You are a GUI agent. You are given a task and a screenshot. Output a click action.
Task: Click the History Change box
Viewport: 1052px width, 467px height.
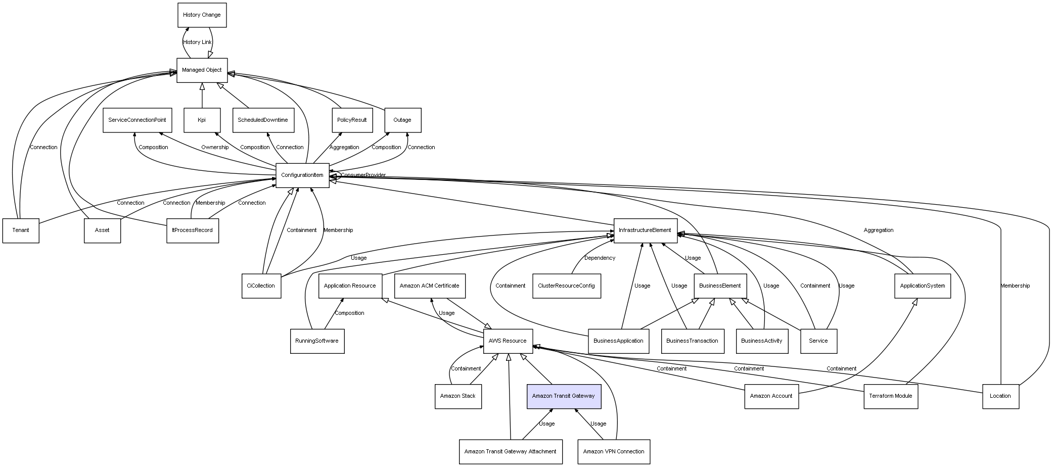click(x=202, y=15)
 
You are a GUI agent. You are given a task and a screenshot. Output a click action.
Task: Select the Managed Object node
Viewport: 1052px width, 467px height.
click(x=202, y=70)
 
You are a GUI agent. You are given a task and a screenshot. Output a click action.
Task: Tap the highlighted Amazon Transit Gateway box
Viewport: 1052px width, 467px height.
click(x=564, y=396)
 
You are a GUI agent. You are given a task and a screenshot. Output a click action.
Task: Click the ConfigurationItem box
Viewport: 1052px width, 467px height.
click(x=302, y=175)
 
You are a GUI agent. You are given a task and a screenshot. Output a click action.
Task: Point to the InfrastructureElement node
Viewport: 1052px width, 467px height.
click(x=645, y=230)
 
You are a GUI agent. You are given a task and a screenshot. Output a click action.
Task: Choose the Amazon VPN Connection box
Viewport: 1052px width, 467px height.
click(x=614, y=451)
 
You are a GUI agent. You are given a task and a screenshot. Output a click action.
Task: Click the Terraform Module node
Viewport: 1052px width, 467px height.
click(x=891, y=396)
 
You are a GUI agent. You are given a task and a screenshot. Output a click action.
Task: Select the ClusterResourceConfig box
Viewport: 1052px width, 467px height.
click(x=566, y=286)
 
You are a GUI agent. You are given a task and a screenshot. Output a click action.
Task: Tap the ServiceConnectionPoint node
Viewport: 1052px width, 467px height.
click(x=137, y=120)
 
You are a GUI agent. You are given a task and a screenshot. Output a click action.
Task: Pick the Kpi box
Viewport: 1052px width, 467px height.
click(x=202, y=120)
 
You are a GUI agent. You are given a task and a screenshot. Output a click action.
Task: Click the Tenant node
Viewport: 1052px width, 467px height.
click(x=21, y=230)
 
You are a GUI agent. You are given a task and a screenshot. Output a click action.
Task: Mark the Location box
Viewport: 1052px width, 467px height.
click(x=1000, y=396)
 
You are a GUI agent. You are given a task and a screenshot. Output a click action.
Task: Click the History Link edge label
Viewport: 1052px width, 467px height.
click(x=197, y=42)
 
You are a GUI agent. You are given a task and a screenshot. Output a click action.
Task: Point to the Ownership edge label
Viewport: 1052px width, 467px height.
click(x=215, y=148)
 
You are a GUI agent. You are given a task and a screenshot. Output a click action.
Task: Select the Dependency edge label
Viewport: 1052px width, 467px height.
click(x=600, y=258)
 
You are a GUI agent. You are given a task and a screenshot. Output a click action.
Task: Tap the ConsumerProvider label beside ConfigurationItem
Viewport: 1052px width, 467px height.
click(x=363, y=175)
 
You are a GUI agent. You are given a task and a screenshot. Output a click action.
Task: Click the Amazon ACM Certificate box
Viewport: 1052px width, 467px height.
click(x=430, y=286)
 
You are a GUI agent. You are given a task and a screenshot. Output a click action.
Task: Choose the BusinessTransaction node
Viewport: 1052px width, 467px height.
click(x=692, y=341)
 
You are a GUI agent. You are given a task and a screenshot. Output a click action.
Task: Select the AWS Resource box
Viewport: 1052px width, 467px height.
click(x=508, y=341)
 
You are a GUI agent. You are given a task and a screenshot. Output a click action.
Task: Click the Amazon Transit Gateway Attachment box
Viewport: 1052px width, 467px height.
click(x=510, y=451)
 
